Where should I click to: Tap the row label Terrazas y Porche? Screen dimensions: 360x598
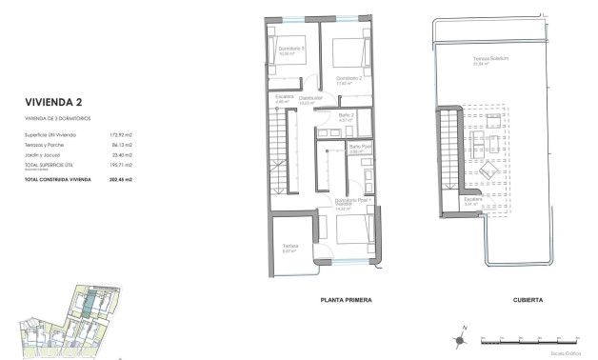click(46, 145)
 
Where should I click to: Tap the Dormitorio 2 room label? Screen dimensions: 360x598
click(349, 77)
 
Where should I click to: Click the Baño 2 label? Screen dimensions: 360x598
click(347, 115)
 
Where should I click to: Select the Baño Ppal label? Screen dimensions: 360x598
click(359, 147)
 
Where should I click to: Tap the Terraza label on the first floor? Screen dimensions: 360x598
click(290, 247)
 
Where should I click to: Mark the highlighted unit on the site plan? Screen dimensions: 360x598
click(87, 307)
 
